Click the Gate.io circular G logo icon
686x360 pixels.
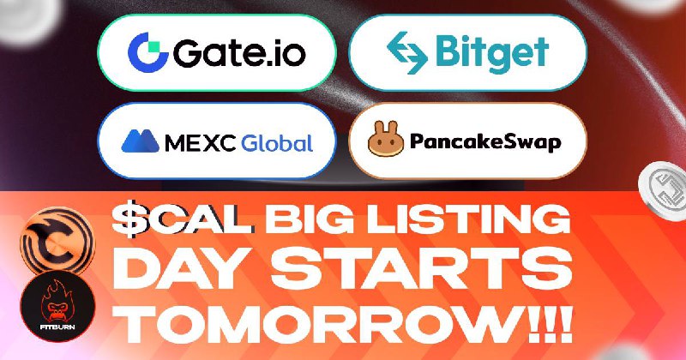[147, 52]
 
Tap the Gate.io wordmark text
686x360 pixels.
[239, 53]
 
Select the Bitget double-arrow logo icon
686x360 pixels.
[406, 52]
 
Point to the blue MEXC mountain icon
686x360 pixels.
[140, 141]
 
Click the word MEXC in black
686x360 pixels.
[201, 143]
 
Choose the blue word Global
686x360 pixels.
[277, 142]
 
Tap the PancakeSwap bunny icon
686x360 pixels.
[386, 139]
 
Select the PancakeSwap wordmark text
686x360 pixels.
[485, 142]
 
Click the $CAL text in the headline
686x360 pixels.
[183, 219]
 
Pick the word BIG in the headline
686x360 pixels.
[310, 219]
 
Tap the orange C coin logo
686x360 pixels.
[57, 242]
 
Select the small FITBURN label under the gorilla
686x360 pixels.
[57, 327]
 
